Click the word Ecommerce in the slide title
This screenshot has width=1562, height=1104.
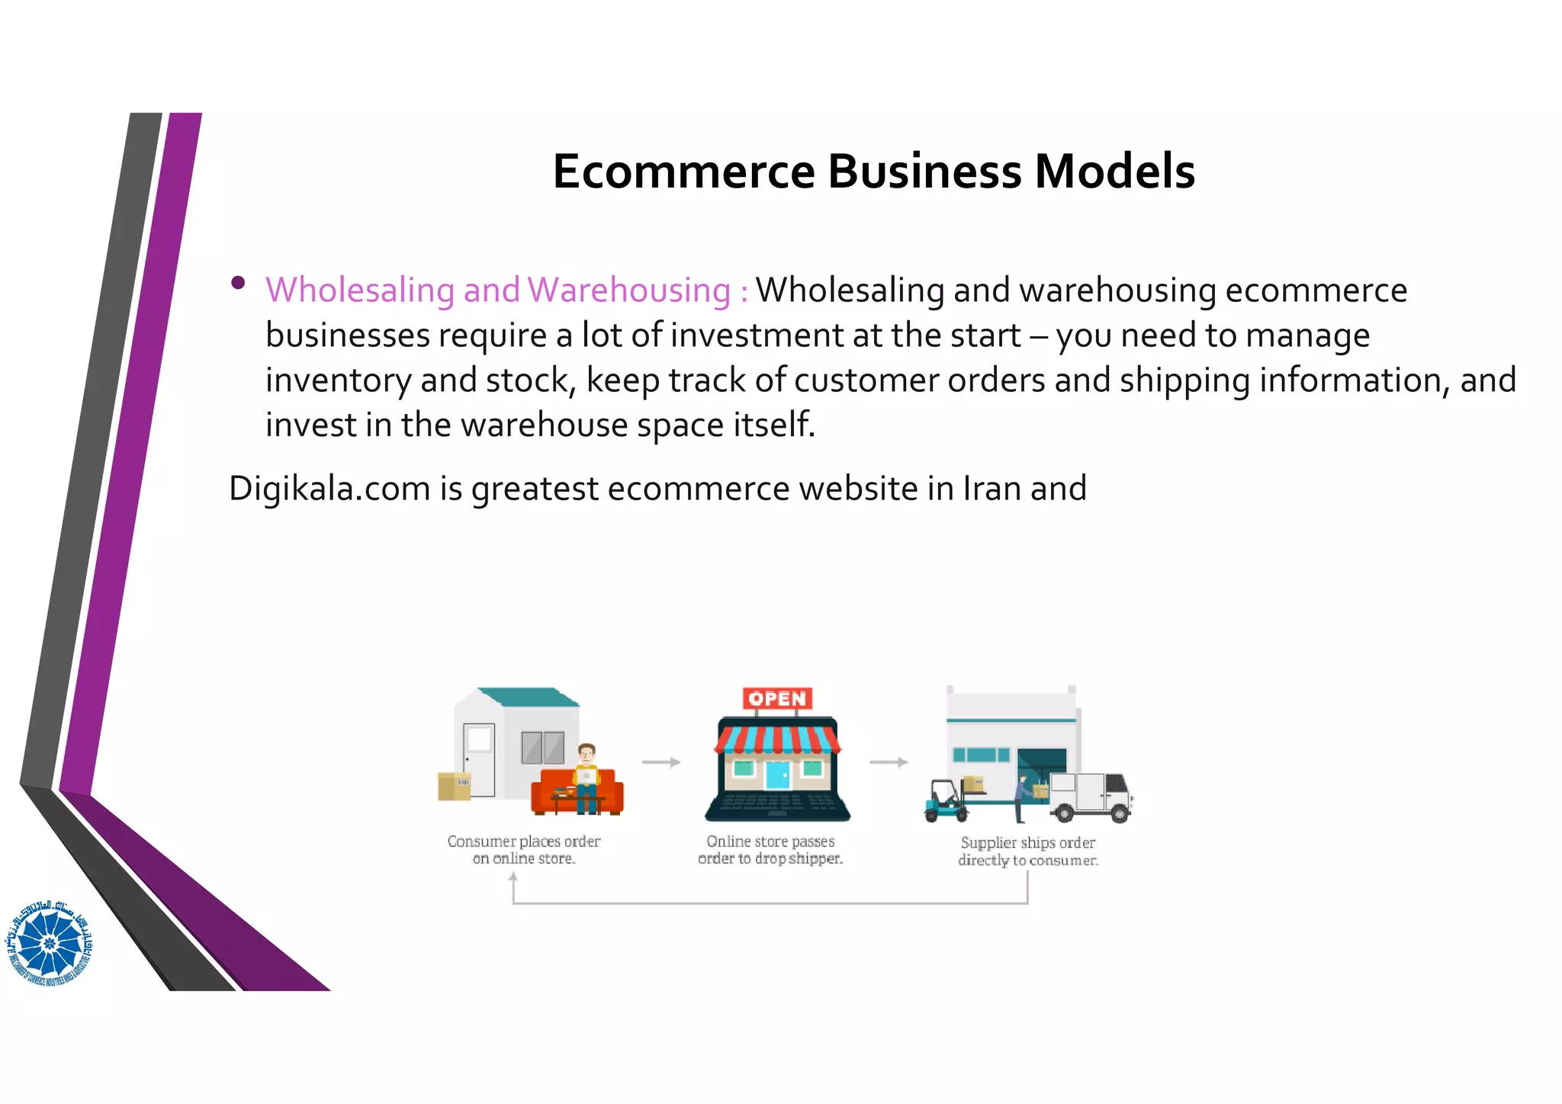[x=684, y=172]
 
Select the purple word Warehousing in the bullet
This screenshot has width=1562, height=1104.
[x=629, y=290]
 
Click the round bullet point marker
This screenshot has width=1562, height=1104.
[x=238, y=283]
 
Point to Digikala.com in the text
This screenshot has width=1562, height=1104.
[x=329, y=489]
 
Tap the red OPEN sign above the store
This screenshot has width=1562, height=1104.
[x=777, y=698]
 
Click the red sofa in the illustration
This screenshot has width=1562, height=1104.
[x=577, y=793]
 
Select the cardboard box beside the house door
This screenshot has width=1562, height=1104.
[x=454, y=786]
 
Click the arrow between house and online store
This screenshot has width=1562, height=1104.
[x=660, y=762]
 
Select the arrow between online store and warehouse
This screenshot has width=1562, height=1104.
[x=889, y=762]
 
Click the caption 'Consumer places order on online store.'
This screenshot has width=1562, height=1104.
[x=524, y=850]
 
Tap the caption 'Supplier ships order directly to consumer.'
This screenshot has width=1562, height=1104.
[x=1028, y=852]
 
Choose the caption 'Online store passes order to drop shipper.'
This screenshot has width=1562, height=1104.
[x=770, y=850]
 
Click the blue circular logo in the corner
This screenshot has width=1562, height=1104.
[x=50, y=943]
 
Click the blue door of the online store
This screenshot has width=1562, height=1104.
[x=777, y=775]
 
